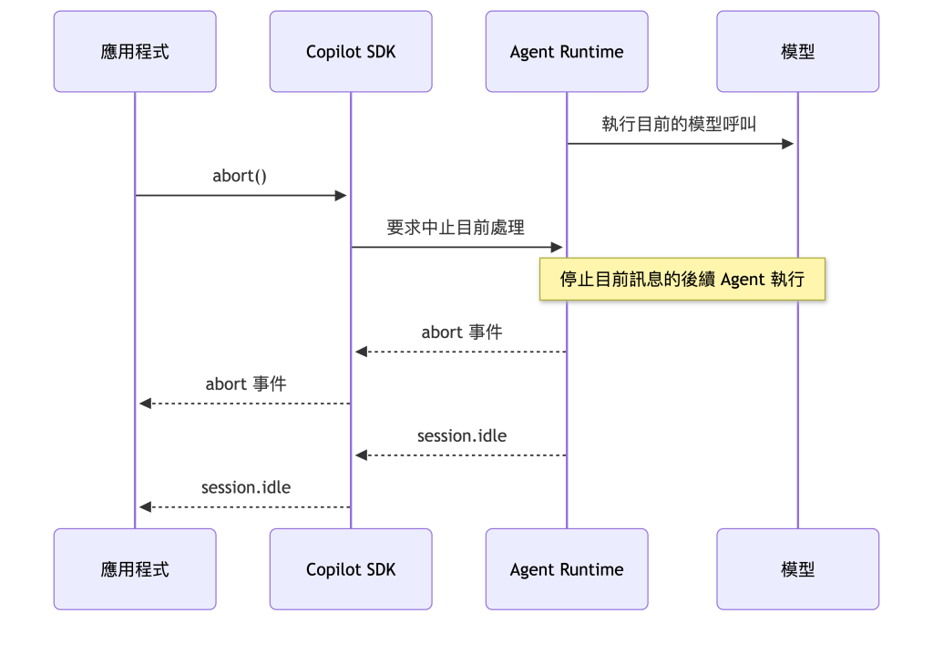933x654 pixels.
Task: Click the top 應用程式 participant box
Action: tap(135, 51)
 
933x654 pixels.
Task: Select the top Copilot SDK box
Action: tap(351, 51)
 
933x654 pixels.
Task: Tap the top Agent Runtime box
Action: tap(567, 51)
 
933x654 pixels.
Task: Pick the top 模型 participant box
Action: tap(798, 51)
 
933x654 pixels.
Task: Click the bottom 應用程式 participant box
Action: tap(135, 569)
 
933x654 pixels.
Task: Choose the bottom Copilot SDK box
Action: tap(351, 569)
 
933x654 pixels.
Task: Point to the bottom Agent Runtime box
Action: tap(567, 569)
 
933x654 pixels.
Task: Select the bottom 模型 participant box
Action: tap(798, 569)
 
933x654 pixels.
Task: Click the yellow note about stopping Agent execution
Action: tap(682, 279)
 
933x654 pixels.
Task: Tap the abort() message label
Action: tap(240, 176)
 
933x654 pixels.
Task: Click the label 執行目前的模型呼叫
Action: tap(679, 124)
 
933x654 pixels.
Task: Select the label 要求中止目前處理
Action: tap(456, 228)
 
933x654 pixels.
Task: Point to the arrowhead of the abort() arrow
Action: tap(341, 195)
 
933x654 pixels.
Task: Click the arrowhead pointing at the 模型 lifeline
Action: tap(788, 143)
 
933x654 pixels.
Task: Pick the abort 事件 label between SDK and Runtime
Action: tap(462, 332)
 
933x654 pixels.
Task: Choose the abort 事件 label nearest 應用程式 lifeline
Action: tap(246, 383)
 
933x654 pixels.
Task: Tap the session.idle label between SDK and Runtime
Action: tap(462, 435)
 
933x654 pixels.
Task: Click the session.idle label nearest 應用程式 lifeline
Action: tap(246, 487)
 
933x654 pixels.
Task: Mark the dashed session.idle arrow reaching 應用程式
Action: tap(244, 507)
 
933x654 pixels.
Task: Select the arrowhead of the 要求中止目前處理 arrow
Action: tap(557, 247)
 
